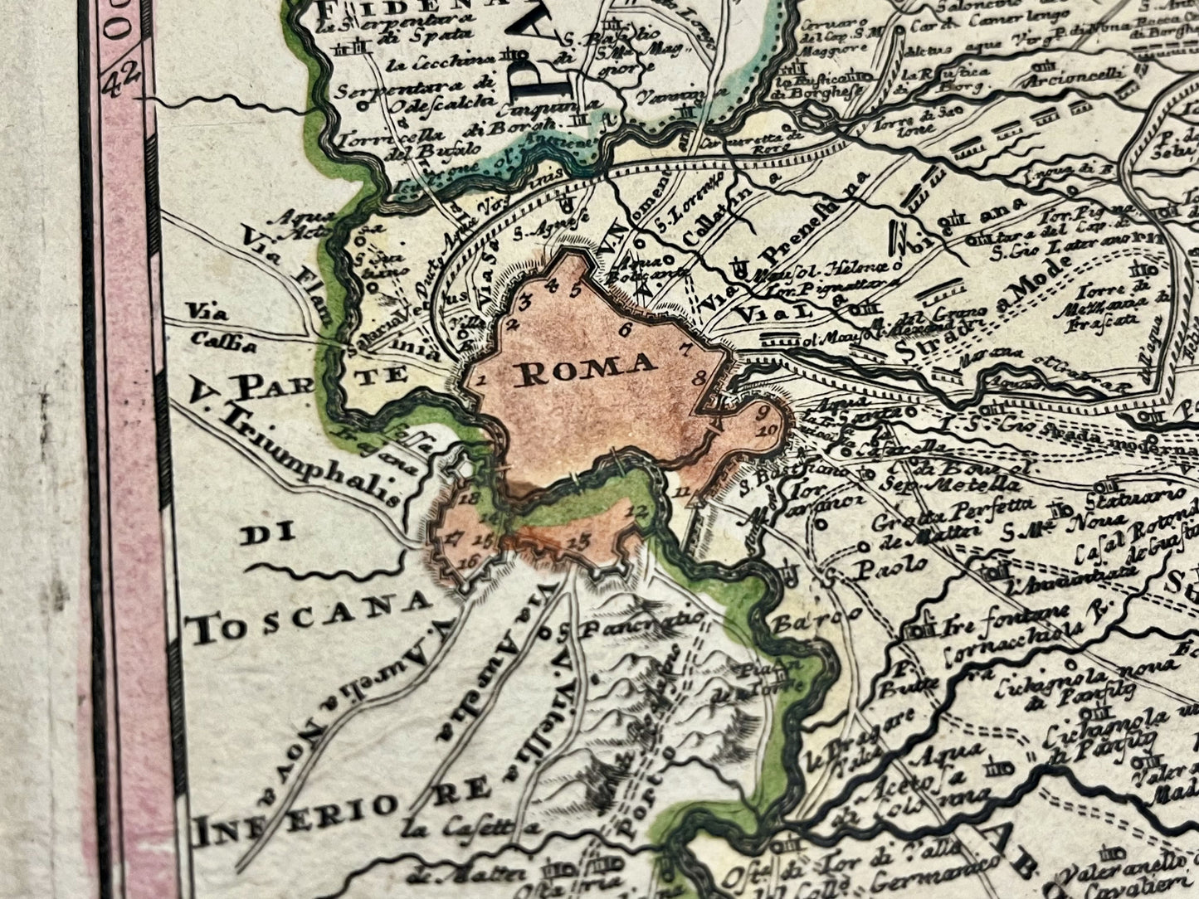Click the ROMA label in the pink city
point(586,363)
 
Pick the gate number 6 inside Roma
point(625,328)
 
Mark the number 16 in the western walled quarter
point(468,561)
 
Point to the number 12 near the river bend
point(637,509)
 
